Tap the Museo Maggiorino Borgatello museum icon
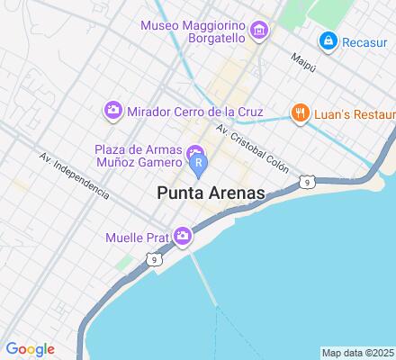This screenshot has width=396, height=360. coord(259,33)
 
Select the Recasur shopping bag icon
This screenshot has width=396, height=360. coord(328,40)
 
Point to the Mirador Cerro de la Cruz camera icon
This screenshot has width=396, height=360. coord(113,110)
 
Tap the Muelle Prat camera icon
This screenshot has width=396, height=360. coord(183,236)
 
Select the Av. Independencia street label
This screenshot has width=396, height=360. coord(74,175)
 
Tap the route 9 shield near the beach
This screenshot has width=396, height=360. coord(307,183)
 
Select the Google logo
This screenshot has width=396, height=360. coord(30,349)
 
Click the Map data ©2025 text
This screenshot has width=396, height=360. coord(358,352)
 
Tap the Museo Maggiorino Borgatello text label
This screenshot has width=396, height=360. coord(194,31)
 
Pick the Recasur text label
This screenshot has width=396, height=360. coord(369,40)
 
